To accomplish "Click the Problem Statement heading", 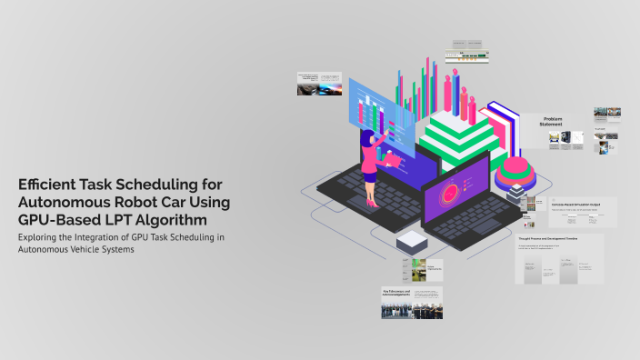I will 553,123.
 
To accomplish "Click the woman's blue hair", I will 369,138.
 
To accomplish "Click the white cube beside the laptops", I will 411,241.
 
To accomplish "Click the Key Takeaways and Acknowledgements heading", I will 397,292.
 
